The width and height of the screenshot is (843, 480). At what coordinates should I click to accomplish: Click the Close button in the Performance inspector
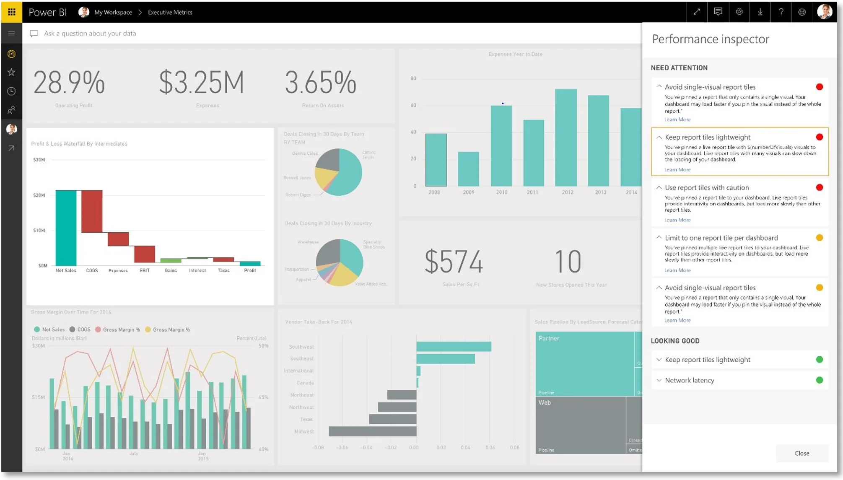[801, 453]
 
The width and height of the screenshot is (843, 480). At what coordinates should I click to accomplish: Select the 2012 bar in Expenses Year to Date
[565, 138]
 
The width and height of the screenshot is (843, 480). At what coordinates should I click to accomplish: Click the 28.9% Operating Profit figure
[69, 83]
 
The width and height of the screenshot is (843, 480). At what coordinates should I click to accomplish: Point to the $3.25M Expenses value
[201, 83]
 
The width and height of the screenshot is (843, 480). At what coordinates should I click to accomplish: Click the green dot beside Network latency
[819, 380]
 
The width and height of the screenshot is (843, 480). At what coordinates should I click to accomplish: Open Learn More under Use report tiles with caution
[677, 220]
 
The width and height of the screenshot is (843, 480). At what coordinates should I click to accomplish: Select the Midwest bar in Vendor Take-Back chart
[372, 431]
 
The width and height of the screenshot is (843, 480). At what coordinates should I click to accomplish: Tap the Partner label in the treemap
[548, 338]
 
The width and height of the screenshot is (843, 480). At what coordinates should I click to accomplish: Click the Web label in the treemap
[544, 402]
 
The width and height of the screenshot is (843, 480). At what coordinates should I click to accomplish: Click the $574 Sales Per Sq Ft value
[454, 262]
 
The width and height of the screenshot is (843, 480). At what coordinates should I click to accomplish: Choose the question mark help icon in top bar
[781, 12]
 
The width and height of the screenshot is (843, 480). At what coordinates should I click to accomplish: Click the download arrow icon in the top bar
[760, 12]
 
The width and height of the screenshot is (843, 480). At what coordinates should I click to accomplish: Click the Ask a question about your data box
[90, 34]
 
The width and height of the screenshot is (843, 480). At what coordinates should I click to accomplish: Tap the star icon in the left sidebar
[11, 73]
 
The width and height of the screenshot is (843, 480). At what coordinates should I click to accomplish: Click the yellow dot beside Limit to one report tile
[819, 238]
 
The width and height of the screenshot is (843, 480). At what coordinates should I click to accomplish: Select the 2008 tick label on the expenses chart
[434, 192]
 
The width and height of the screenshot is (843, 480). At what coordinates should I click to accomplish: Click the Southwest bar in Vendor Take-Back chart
[454, 347]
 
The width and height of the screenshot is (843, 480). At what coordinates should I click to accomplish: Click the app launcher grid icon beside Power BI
[11, 12]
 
